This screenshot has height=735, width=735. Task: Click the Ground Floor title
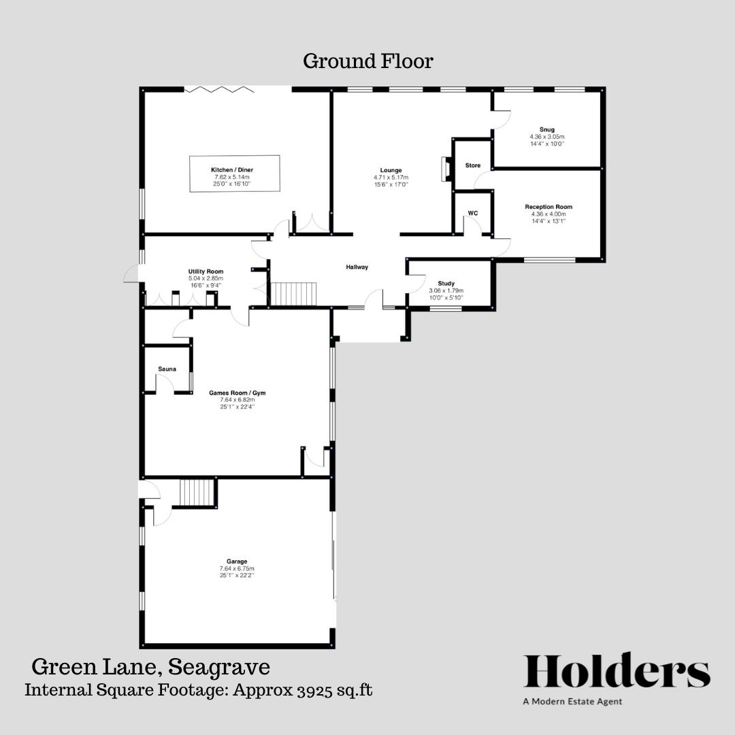point(367,61)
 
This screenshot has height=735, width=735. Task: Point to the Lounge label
point(391,170)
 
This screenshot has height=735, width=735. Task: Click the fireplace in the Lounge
point(446,169)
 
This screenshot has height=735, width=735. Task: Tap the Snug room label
point(546,129)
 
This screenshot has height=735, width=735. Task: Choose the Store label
point(472,165)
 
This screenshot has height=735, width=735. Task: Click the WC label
point(472,213)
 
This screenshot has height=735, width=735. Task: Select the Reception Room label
point(549,207)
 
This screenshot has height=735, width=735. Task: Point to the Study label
point(446,283)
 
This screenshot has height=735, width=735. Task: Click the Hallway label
point(357,267)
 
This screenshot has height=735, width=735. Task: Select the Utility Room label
point(206,272)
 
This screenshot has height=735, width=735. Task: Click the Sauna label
point(167,369)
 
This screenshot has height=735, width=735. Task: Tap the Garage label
point(237,561)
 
